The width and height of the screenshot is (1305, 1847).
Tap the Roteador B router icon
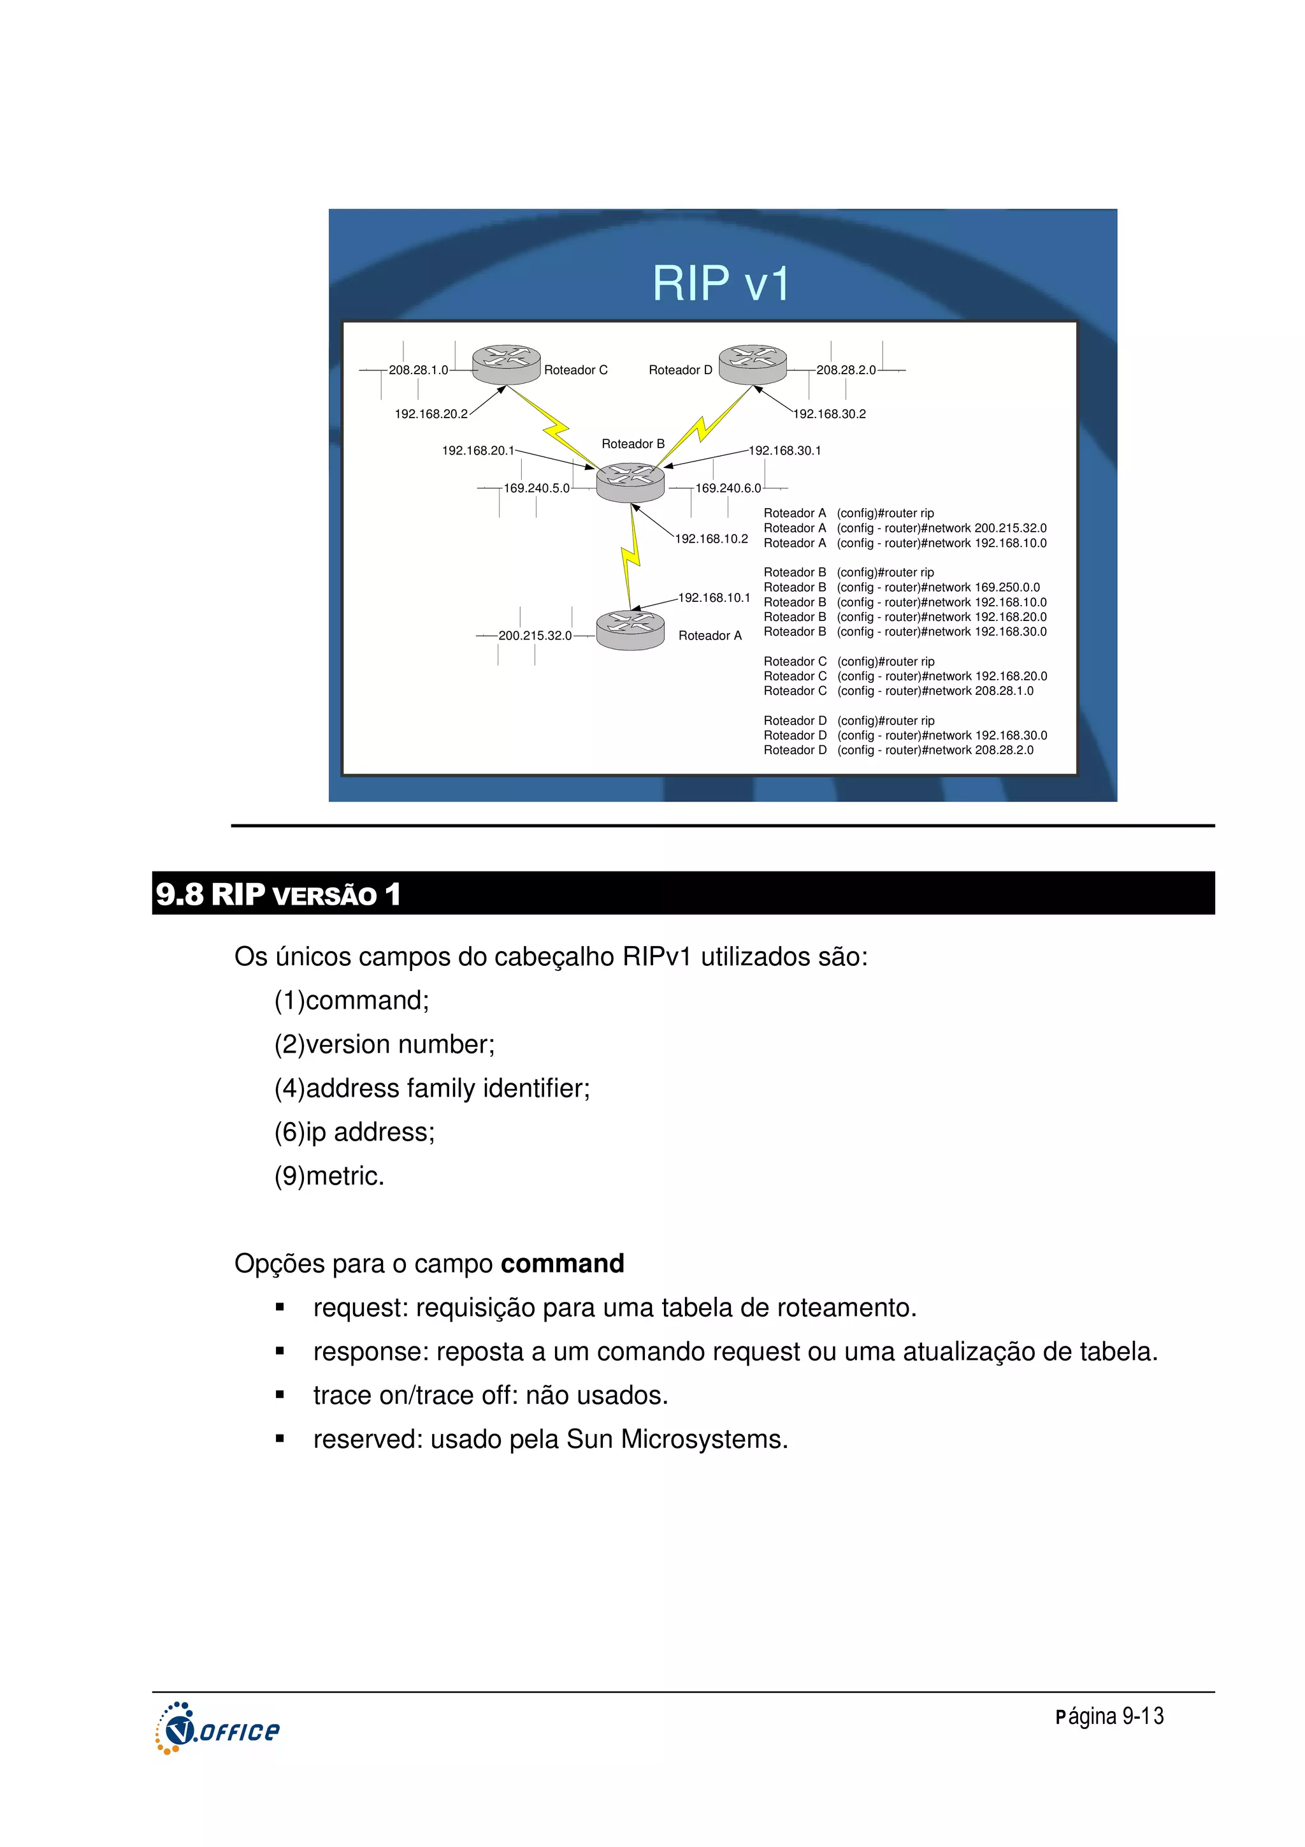click(630, 482)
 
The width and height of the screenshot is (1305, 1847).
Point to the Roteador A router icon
click(630, 630)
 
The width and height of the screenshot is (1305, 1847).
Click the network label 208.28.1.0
click(418, 370)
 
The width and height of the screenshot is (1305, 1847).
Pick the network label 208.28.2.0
click(846, 370)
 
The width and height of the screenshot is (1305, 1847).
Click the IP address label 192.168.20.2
click(431, 414)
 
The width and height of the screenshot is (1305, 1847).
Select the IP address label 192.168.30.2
click(830, 414)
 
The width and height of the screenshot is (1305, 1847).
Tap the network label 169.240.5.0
click(537, 488)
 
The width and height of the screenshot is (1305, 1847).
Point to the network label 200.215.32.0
click(535, 636)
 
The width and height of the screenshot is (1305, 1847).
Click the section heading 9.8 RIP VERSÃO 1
click(278, 894)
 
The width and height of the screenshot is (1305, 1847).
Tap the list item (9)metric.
click(329, 1176)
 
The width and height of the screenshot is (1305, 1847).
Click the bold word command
click(562, 1264)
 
